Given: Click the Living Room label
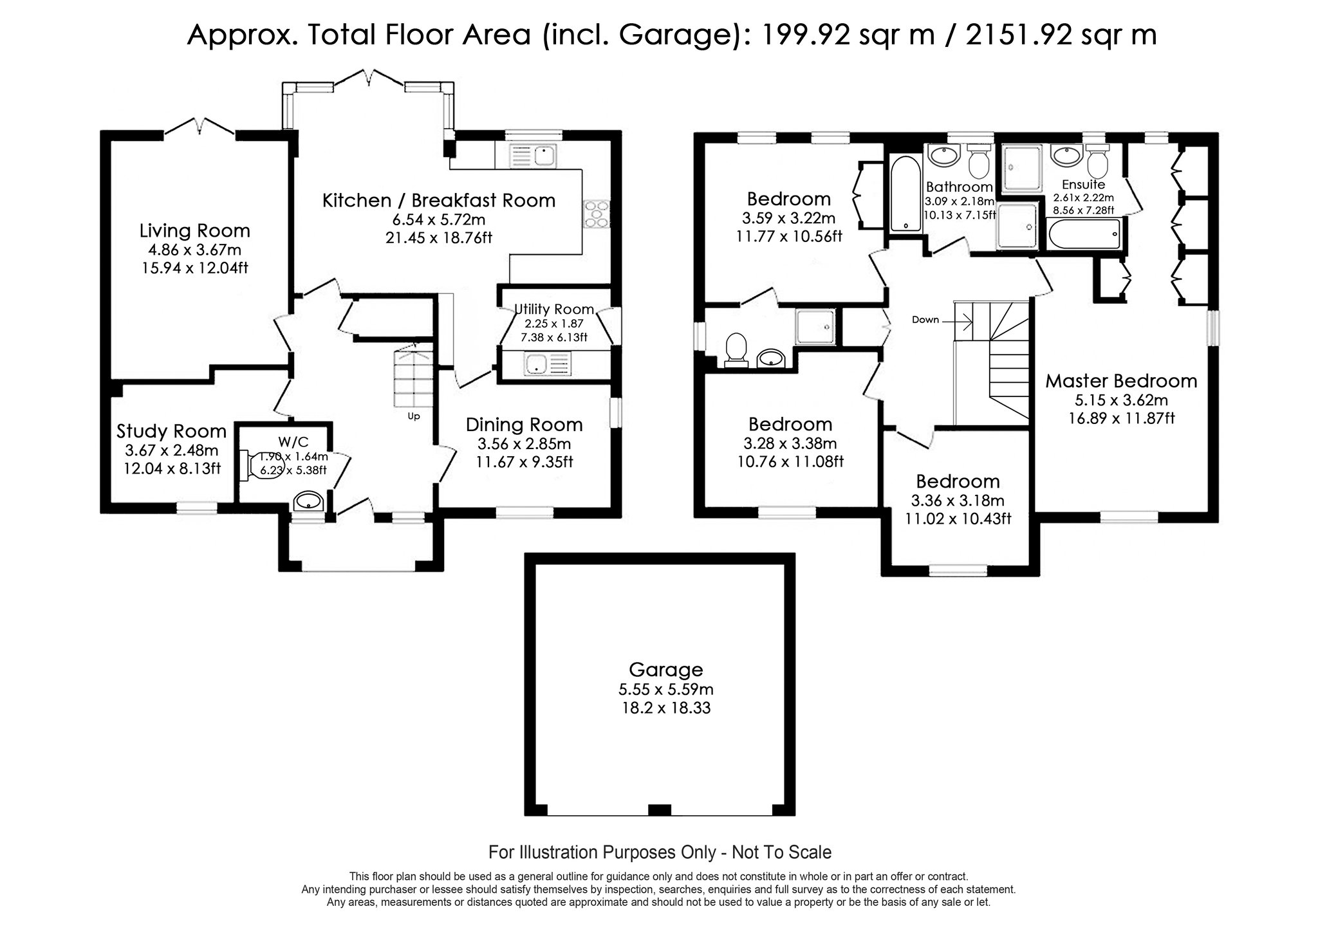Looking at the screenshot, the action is coord(194,230).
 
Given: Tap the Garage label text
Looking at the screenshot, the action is coord(665,670).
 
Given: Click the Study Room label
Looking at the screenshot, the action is coord(171,431).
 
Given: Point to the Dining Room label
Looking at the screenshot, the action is coord(524,425).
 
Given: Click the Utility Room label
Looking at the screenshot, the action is coord(554,309).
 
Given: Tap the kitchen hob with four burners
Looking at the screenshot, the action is coord(596,214).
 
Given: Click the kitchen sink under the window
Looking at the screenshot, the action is coord(532,155).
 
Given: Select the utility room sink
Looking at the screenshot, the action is coord(546,364).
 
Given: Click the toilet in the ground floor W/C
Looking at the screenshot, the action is coord(254,465).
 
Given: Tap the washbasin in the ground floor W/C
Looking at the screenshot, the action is coord(308,501).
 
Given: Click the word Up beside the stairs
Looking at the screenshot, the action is coord(413,416).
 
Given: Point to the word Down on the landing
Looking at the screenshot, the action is coord(925,320).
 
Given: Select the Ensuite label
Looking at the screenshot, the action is coord(1084,185).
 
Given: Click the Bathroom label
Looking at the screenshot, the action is coord(960,187).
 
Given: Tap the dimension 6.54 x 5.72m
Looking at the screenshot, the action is coord(439,220).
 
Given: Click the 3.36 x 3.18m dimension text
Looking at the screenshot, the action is coord(958,501).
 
